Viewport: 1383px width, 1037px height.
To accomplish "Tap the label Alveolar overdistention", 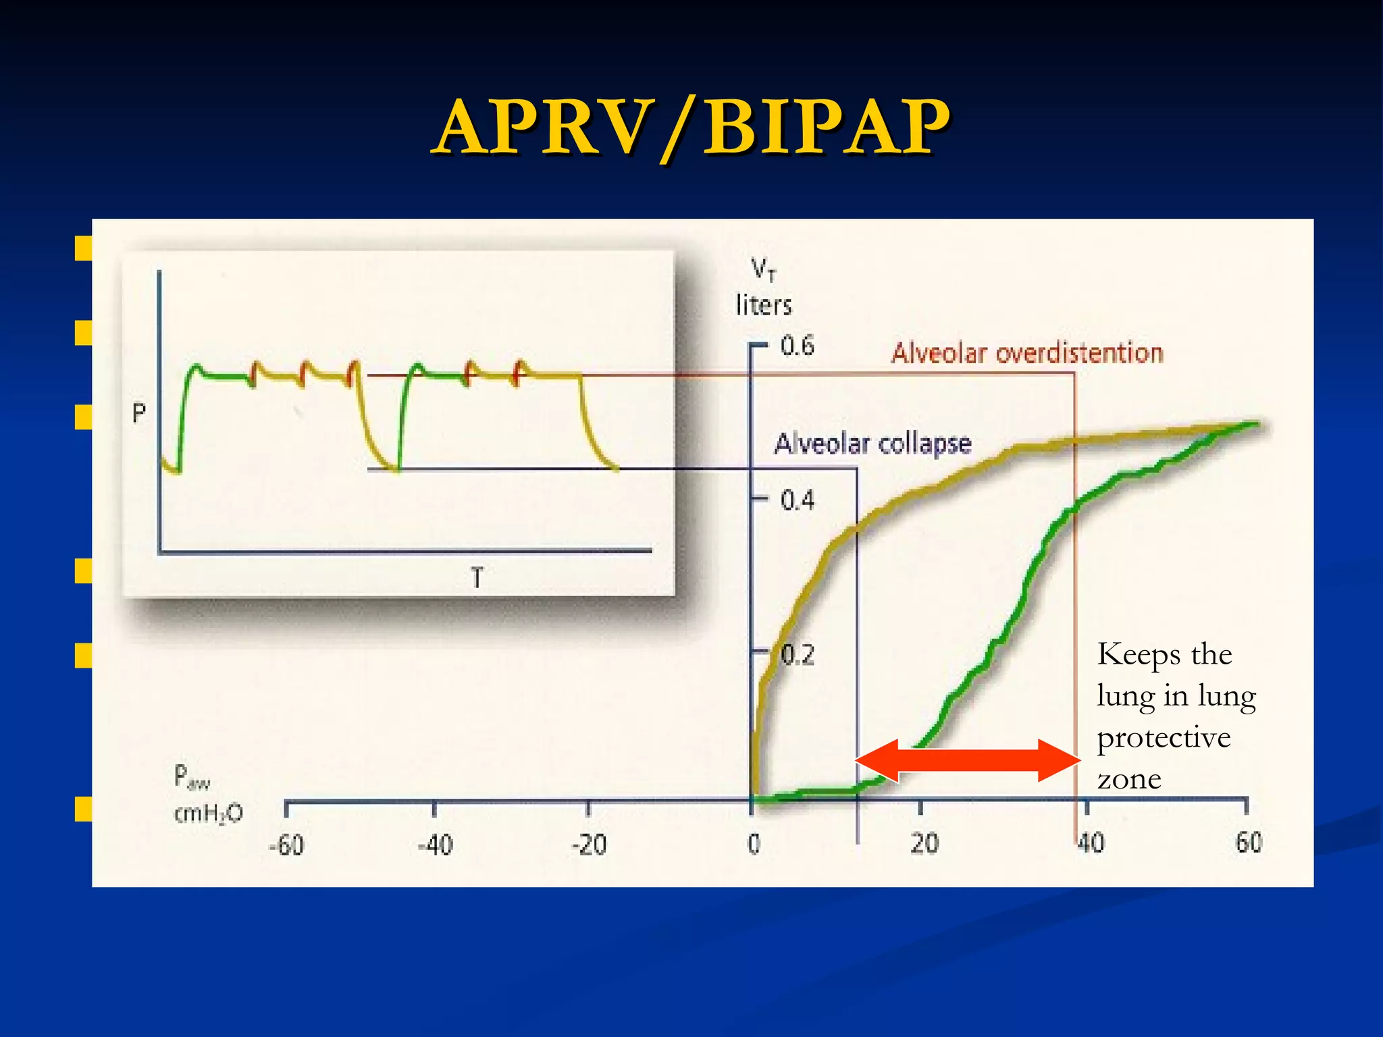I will click(1026, 353).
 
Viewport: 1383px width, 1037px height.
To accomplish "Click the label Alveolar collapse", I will click(872, 444).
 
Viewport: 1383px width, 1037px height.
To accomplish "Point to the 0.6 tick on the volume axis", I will click(797, 346).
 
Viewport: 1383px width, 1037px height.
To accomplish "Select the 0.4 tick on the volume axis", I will click(797, 500).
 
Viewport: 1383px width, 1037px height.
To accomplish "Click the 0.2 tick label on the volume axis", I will click(798, 655).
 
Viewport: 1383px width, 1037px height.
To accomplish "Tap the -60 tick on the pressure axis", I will click(287, 844).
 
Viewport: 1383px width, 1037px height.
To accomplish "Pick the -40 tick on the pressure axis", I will click(436, 844).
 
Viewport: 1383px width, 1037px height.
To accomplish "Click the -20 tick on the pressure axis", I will click(589, 844).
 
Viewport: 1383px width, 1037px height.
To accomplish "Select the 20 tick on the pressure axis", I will click(924, 843).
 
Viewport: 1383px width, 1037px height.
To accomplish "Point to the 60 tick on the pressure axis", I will click(1249, 843).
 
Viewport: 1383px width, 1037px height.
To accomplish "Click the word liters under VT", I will click(764, 305).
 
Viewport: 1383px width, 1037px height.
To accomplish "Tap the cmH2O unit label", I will click(208, 814).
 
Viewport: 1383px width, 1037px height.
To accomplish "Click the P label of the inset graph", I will click(139, 413).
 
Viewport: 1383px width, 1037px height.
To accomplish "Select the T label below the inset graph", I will click(477, 578).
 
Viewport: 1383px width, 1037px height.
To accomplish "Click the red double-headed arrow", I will click(968, 760).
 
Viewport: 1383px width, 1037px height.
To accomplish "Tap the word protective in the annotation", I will click(1164, 737).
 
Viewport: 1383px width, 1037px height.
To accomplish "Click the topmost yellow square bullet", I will click(83, 248).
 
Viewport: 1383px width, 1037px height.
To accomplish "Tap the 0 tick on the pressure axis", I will click(754, 844).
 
